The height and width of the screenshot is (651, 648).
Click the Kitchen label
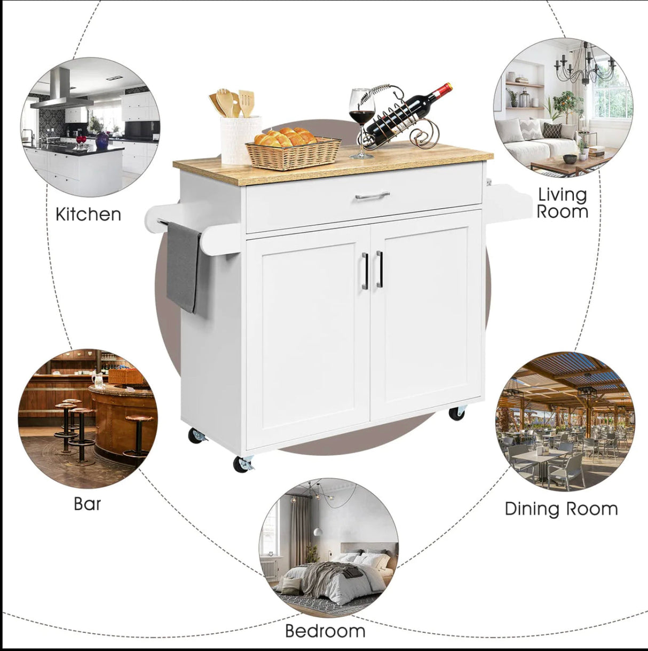88,214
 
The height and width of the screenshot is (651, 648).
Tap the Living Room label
563,203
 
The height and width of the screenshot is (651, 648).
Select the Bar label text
87,504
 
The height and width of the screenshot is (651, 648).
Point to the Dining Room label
561,509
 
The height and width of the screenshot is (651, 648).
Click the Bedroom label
325,631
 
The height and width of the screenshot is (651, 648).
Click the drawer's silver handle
372,196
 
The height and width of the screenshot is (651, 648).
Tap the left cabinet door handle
365,271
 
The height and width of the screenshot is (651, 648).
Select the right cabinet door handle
380,269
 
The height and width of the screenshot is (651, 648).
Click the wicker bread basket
293,153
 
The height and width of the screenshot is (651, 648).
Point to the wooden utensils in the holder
232,102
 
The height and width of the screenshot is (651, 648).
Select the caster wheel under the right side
457,414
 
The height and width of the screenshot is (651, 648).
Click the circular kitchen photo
90,127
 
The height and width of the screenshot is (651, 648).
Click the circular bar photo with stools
88,418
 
